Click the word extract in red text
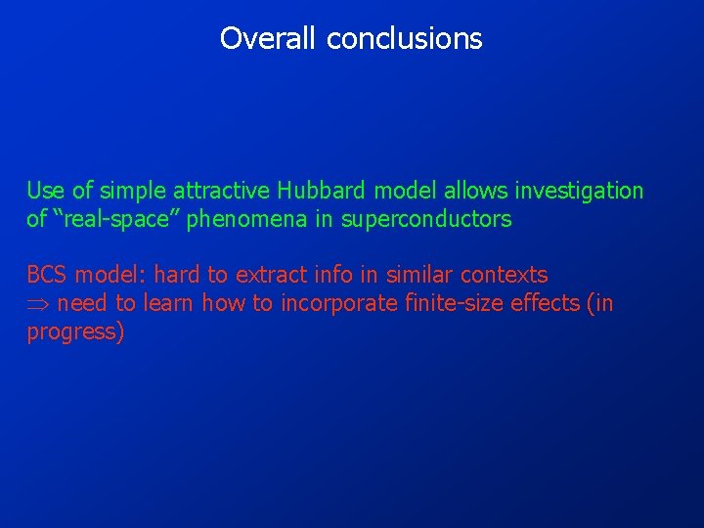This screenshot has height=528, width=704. click(268, 275)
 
